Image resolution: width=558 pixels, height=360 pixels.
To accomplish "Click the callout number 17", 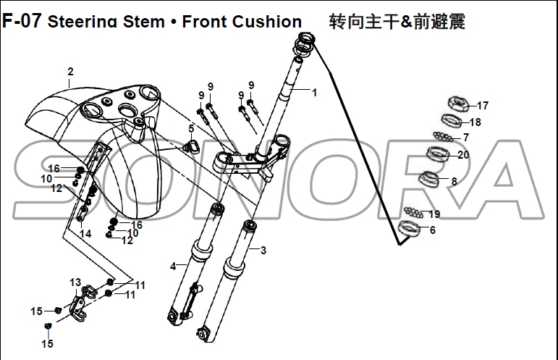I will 483,105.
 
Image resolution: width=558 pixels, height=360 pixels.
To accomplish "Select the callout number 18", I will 475,122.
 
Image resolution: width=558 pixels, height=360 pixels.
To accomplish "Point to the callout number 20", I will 463,154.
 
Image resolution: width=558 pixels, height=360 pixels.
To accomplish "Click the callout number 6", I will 433,230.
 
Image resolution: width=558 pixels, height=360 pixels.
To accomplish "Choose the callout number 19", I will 434,214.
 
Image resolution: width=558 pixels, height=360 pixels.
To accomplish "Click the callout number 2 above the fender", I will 70,72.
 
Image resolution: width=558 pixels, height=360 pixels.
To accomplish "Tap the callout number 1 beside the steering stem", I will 314,92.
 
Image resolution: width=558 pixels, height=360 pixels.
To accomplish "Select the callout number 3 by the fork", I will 263,251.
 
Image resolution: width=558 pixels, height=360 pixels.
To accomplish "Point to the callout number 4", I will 173,266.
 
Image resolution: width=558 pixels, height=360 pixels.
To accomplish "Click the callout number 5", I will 191,128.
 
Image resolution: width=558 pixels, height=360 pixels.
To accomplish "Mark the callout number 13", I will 75,282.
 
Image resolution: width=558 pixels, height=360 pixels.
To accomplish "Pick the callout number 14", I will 85,234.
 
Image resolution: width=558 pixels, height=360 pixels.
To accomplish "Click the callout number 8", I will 454,181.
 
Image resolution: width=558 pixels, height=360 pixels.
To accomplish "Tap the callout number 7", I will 465,137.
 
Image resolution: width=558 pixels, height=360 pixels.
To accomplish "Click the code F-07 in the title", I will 22,20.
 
